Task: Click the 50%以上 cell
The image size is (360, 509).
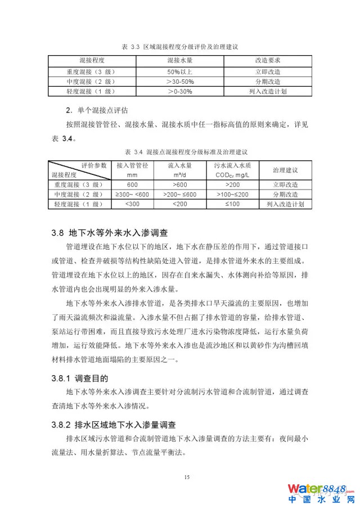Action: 179,72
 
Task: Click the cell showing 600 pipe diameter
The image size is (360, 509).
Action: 132,184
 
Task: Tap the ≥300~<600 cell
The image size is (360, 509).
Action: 132,195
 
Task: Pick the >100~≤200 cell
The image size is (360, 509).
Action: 232,195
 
